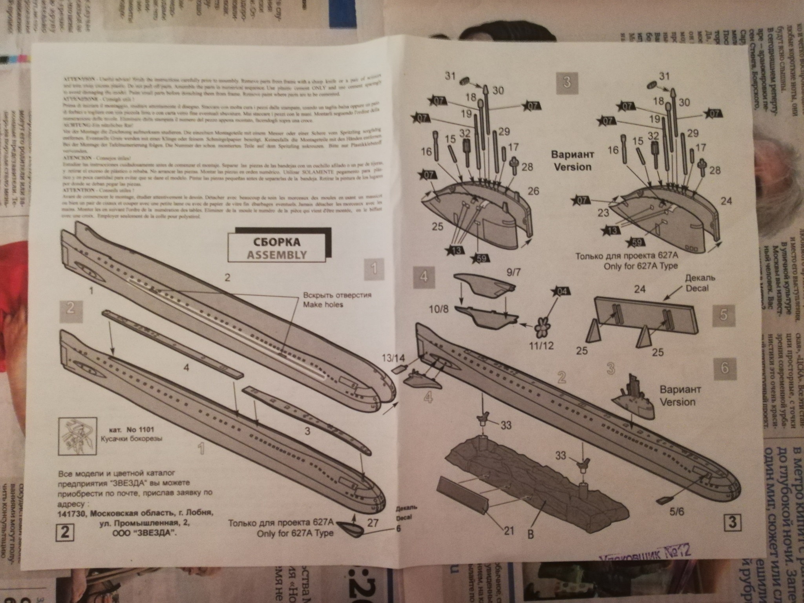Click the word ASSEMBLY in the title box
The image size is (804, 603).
(x=277, y=254)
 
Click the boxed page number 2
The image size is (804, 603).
(x=65, y=532)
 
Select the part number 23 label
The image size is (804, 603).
(x=603, y=213)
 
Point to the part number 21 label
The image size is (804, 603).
(x=509, y=531)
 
